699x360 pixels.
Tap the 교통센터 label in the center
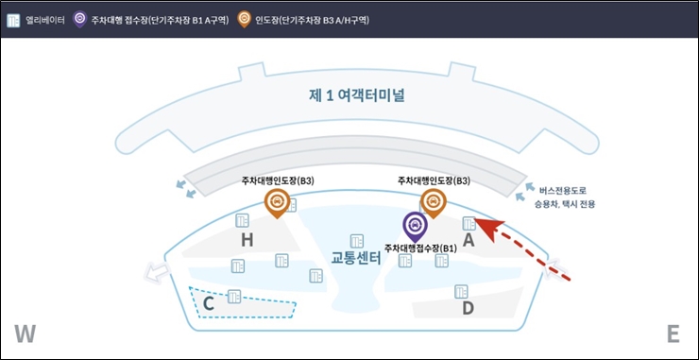(x=354, y=258)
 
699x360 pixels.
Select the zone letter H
(x=247, y=241)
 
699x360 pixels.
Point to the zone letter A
(x=467, y=240)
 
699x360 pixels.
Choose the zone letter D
(x=467, y=308)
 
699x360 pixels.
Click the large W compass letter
(x=26, y=334)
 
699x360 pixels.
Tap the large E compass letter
(x=673, y=334)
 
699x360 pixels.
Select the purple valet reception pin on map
(x=416, y=226)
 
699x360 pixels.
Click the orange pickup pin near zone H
(x=277, y=201)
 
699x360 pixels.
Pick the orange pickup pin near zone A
(x=433, y=201)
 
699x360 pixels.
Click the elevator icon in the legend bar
(x=14, y=18)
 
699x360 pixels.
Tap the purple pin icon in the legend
(x=79, y=18)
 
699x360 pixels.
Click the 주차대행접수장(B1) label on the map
(x=420, y=248)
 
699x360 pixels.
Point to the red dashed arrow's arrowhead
(x=482, y=223)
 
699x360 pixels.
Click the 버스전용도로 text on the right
(x=565, y=189)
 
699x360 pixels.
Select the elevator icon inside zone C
(x=233, y=297)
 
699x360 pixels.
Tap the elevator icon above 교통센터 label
(x=357, y=240)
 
